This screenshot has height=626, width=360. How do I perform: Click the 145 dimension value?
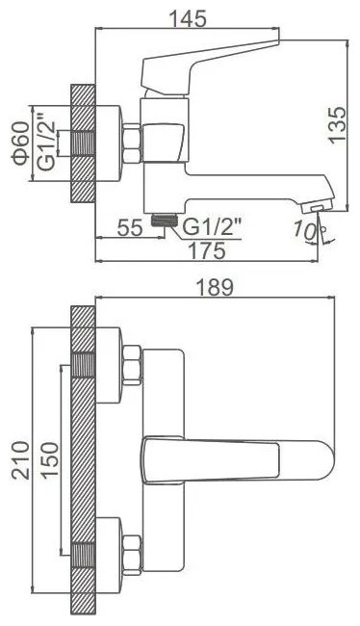tap(188, 18)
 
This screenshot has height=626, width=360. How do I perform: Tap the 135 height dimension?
tap(337, 123)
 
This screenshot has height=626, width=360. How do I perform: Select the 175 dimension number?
tap(207, 251)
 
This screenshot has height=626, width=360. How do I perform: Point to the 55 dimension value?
tap(130, 228)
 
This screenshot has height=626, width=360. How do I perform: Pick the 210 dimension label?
tap(21, 460)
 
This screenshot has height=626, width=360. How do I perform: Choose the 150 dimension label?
tap(50, 460)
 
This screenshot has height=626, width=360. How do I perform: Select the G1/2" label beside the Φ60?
tap(47, 143)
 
